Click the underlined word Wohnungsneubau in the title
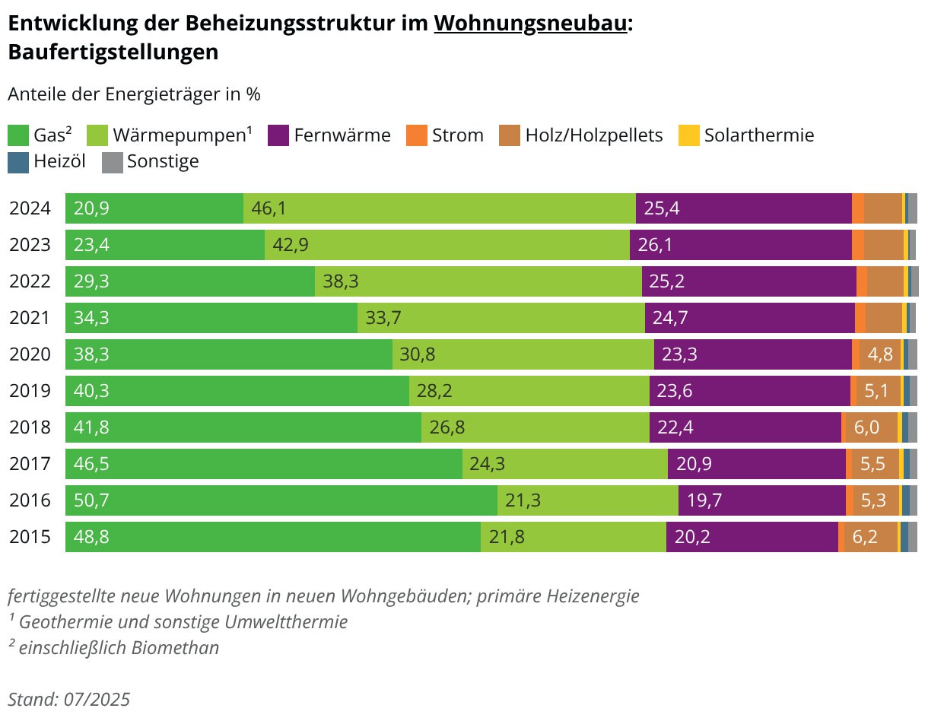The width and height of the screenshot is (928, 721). point(530,24)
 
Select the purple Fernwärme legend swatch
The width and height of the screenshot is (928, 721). point(278,135)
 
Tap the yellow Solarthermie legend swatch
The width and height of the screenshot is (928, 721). point(688,135)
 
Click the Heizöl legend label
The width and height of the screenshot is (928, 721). point(59,161)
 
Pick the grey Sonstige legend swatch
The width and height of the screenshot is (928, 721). point(113,163)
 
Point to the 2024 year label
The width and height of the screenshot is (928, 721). point(30,208)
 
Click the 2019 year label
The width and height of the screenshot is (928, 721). point(30,391)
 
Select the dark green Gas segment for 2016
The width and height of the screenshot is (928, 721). point(281,500)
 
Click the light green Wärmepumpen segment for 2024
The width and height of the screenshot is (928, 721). point(440,208)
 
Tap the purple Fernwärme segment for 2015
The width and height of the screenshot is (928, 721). point(752,537)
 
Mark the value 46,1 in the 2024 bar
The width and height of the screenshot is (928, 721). point(269,208)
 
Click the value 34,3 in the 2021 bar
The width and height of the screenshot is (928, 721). point(91,318)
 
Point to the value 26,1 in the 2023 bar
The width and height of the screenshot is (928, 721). point(655,245)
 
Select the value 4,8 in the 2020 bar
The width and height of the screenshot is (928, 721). point(880,354)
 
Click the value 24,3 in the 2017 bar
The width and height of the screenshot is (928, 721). point(488,464)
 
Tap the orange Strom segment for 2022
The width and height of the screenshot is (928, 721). point(861,281)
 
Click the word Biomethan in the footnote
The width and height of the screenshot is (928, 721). point(175,647)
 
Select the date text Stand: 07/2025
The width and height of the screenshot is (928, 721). point(68,700)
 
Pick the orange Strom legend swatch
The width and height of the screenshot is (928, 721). point(416,135)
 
